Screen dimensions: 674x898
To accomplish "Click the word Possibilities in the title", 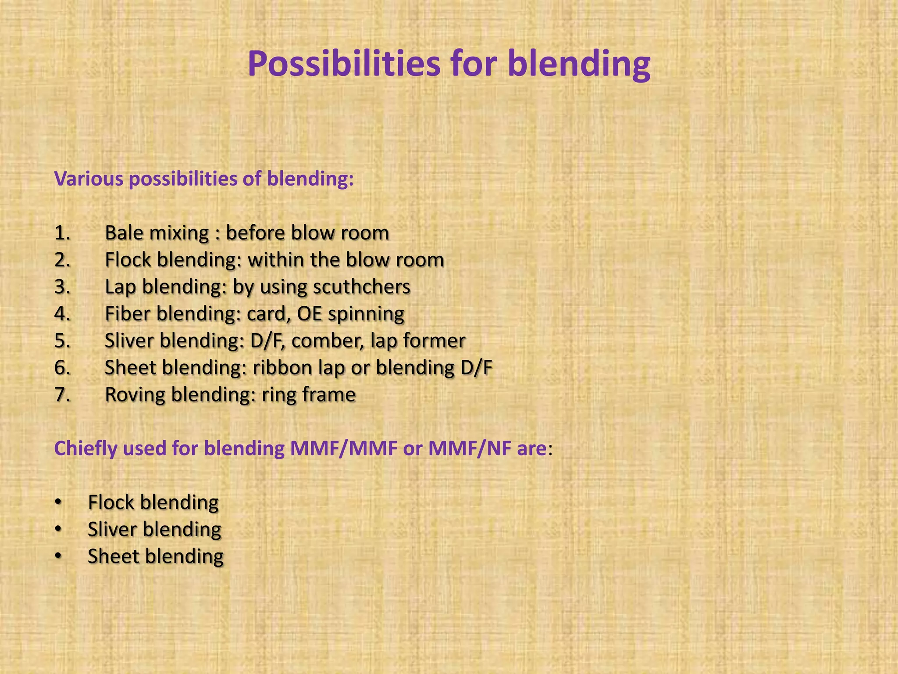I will (x=344, y=64).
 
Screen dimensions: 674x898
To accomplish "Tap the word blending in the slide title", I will (x=579, y=64).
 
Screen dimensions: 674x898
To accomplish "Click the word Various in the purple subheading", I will (x=89, y=179).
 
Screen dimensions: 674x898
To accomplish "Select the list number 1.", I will (x=62, y=233).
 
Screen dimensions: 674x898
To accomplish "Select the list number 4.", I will (x=62, y=314).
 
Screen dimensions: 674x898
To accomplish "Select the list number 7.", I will (x=62, y=395).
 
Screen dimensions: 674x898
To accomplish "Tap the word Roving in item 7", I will (x=135, y=395).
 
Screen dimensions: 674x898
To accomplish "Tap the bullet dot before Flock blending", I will (x=58, y=502).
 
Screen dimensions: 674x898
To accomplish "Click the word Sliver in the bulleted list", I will (x=112, y=530).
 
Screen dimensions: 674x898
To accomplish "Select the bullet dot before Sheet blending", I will (x=58, y=556).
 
